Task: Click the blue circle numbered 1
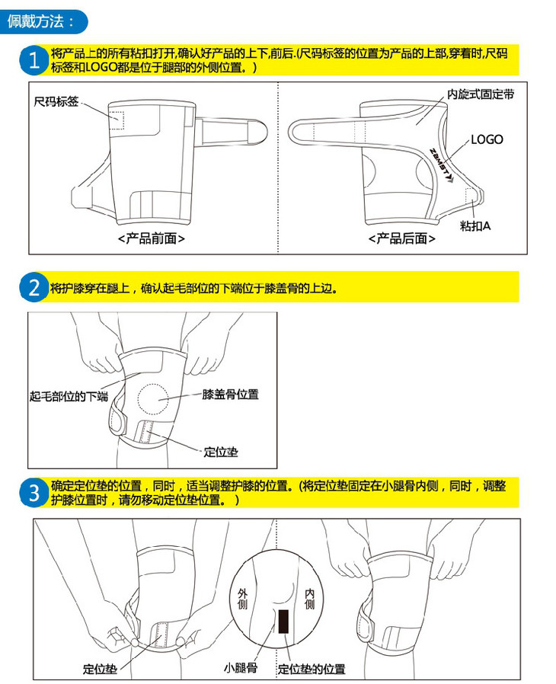click(x=34, y=60)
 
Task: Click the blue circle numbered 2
click(x=34, y=287)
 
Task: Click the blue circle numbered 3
click(x=34, y=493)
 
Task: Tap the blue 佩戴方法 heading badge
click(x=44, y=21)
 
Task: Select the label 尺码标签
click(x=56, y=101)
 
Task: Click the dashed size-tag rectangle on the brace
click(x=117, y=120)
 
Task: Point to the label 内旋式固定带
click(x=481, y=94)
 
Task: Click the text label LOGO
click(x=487, y=139)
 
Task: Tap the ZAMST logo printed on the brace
click(x=440, y=165)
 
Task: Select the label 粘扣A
click(x=475, y=225)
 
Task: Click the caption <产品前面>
click(x=152, y=238)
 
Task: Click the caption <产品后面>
click(x=401, y=238)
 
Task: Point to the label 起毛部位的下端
click(x=69, y=396)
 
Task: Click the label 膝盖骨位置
click(x=230, y=395)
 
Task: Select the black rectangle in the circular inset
click(x=283, y=622)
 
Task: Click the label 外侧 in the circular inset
click(x=242, y=599)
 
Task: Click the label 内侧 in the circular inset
click(x=309, y=599)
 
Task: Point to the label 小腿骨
click(x=240, y=668)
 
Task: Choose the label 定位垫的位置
click(x=312, y=669)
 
